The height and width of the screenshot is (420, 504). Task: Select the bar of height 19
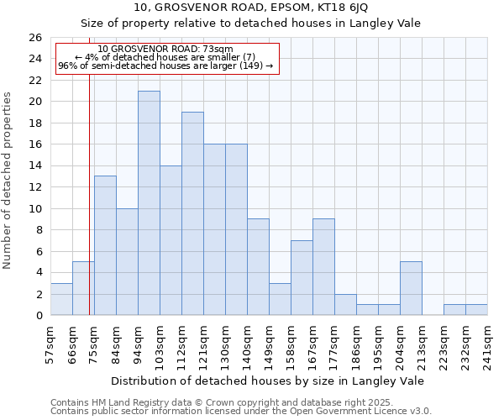pyautogui.click(x=192, y=213)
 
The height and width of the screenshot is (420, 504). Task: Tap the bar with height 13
pyautogui.click(x=105, y=245)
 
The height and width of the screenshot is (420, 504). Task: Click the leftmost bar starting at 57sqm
pyautogui.click(x=61, y=299)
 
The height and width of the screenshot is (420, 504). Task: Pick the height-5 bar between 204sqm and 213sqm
pyautogui.click(x=411, y=288)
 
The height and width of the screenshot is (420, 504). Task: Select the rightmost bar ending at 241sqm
pyautogui.click(x=476, y=310)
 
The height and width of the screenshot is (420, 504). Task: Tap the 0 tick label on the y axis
pyautogui.click(x=38, y=316)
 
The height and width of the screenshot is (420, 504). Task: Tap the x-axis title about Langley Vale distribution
pyautogui.click(x=267, y=381)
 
